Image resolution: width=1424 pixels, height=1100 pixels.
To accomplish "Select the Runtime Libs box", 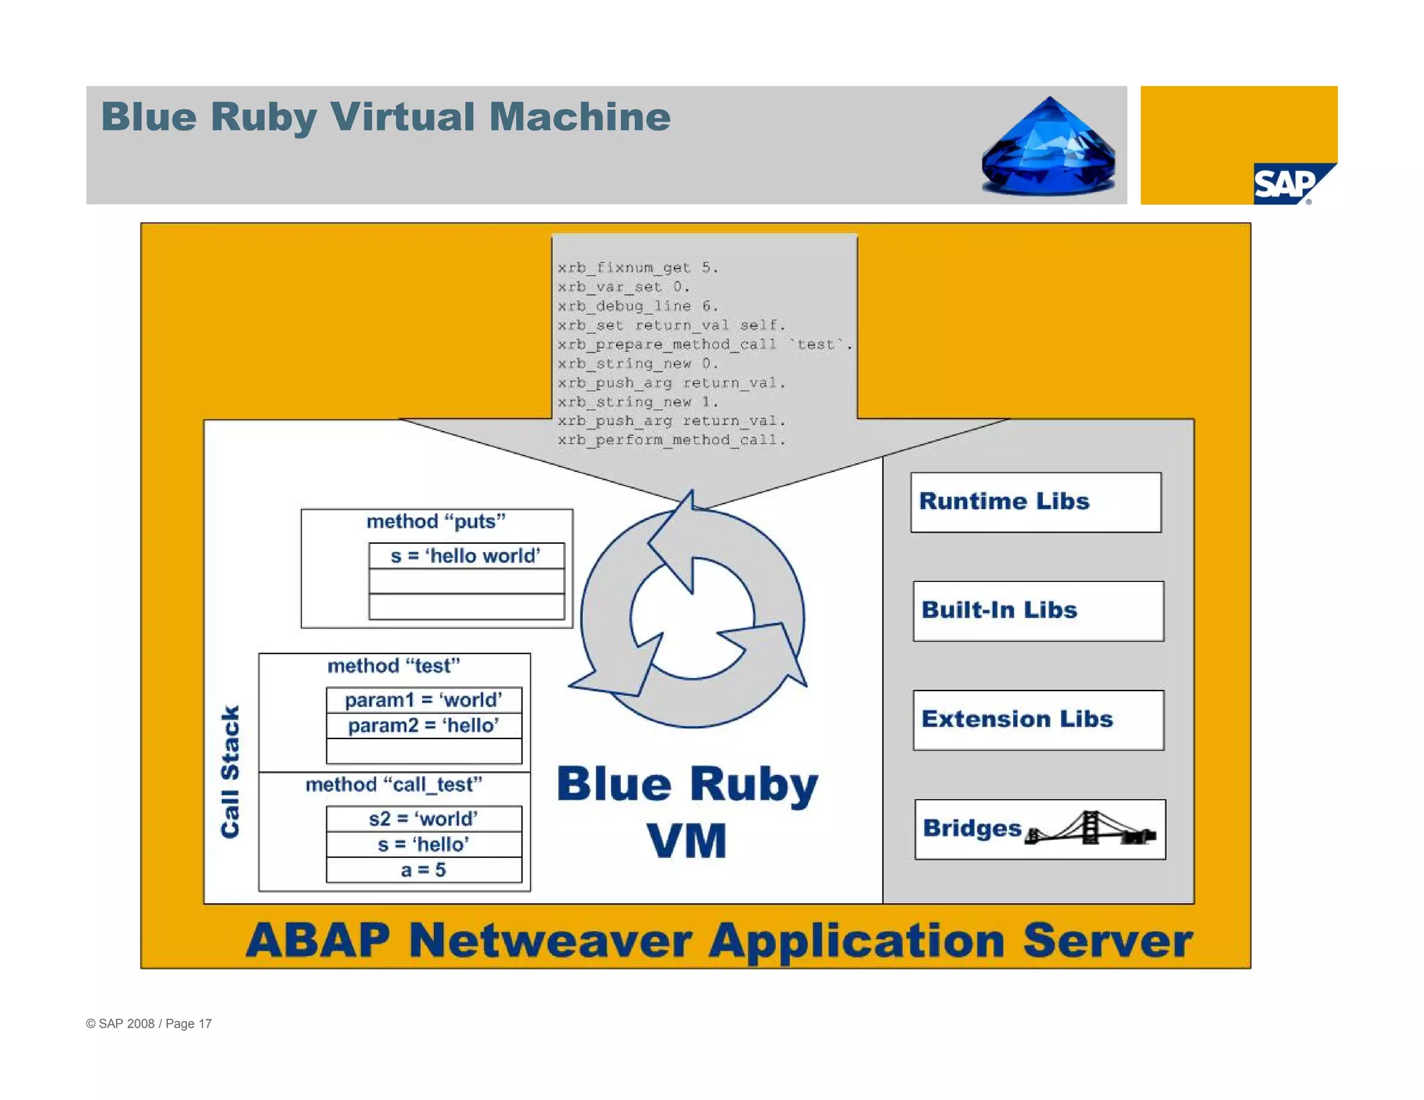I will pyautogui.click(x=1035, y=502).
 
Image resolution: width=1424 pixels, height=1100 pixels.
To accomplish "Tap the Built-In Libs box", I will pyautogui.click(x=1037, y=610).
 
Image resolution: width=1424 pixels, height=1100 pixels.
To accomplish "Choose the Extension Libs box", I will pyautogui.click(x=1037, y=720).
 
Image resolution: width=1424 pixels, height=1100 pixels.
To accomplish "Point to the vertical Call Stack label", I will pyautogui.click(x=230, y=772).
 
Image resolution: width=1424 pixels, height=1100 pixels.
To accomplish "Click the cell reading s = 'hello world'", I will pyautogui.click(x=466, y=556).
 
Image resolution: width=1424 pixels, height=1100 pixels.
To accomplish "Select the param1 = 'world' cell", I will pyautogui.click(x=423, y=699).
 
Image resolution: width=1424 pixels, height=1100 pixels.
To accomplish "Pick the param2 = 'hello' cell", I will pyautogui.click(x=423, y=725).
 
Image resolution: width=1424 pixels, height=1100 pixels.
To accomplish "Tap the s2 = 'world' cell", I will pyautogui.click(x=423, y=818).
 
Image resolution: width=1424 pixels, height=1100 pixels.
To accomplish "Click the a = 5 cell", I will pyautogui.click(x=423, y=870).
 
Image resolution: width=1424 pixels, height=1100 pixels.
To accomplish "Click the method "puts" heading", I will pyautogui.click(x=436, y=521).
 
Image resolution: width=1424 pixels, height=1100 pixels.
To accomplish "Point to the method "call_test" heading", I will pyautogui.click(x=394, y=784).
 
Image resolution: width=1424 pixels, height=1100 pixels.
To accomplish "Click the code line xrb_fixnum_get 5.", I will pyautogui.click(x=638, y=268).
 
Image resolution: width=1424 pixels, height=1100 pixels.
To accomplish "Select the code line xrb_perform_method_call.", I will pyautogui.click(x=671, y=440).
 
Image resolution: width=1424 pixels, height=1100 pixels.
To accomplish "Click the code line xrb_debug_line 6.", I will pyautogui.click(x=638, y=306).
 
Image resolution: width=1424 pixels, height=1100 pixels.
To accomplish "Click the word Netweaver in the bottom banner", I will pyautogui.click(x=551, y=940).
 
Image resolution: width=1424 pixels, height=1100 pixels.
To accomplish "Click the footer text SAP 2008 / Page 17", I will pyautogui.click(x=149, y=1024).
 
